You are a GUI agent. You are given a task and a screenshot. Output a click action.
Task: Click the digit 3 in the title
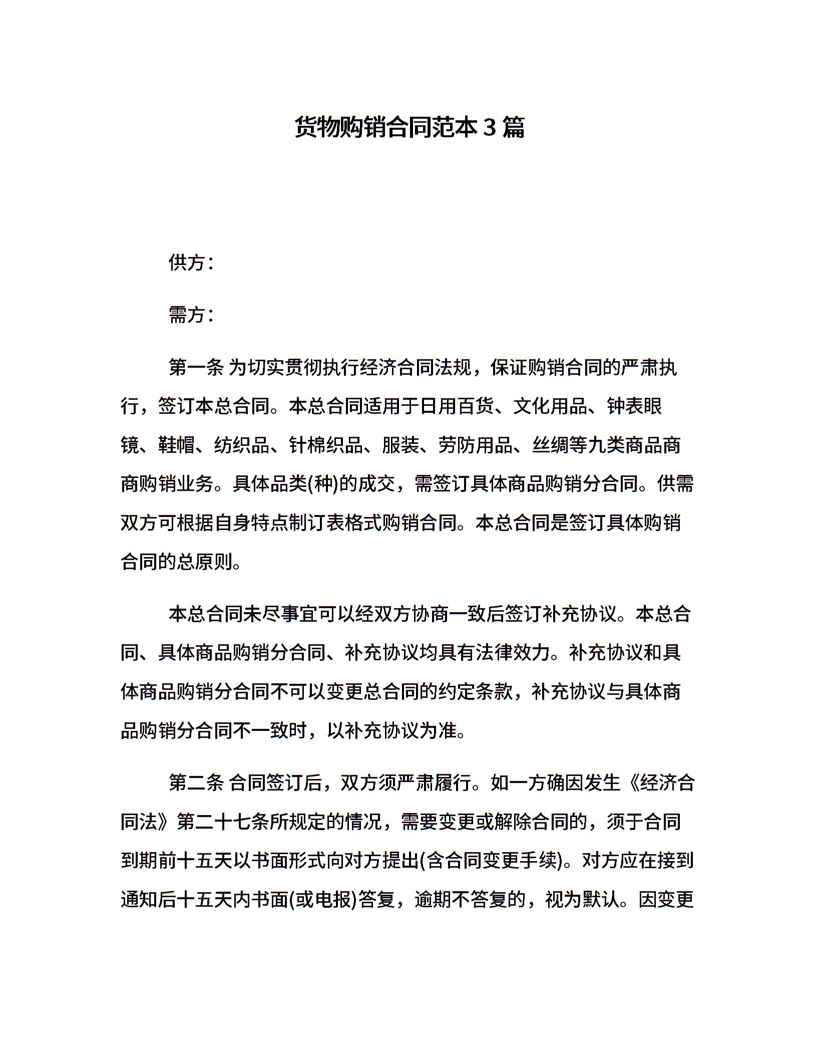[x=489, y=127]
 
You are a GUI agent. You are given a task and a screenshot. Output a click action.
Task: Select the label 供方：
[x=192, y=262]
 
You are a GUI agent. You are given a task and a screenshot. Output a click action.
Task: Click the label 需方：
[x=192, y=315]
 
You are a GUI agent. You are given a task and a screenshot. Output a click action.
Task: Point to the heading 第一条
[x=196, y=368]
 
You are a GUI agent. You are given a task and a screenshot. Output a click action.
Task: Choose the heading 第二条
[x=196, y=782]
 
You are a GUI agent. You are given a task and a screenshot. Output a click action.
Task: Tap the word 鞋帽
[x=177, y=445]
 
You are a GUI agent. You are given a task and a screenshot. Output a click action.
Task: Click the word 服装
[x=400, y=445]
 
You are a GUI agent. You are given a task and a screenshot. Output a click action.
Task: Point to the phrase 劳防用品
[x=475, y=445]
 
